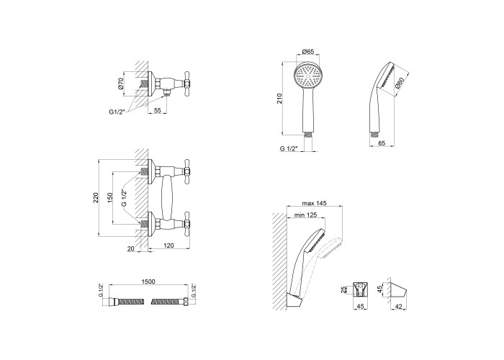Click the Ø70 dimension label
click(x=120, y=84)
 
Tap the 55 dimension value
click(x=157, y=110)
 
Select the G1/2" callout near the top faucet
click(x=117, y=112)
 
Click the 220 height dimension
click(x=96, y=197)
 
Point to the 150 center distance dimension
click(x=110, y=197)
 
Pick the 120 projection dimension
click(x=168, y=246)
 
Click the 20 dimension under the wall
click(x=131, y=248)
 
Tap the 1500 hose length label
click(x=148, y=282)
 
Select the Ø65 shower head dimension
click(x=308, y=51)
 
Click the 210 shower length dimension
click(x=279, y=98)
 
